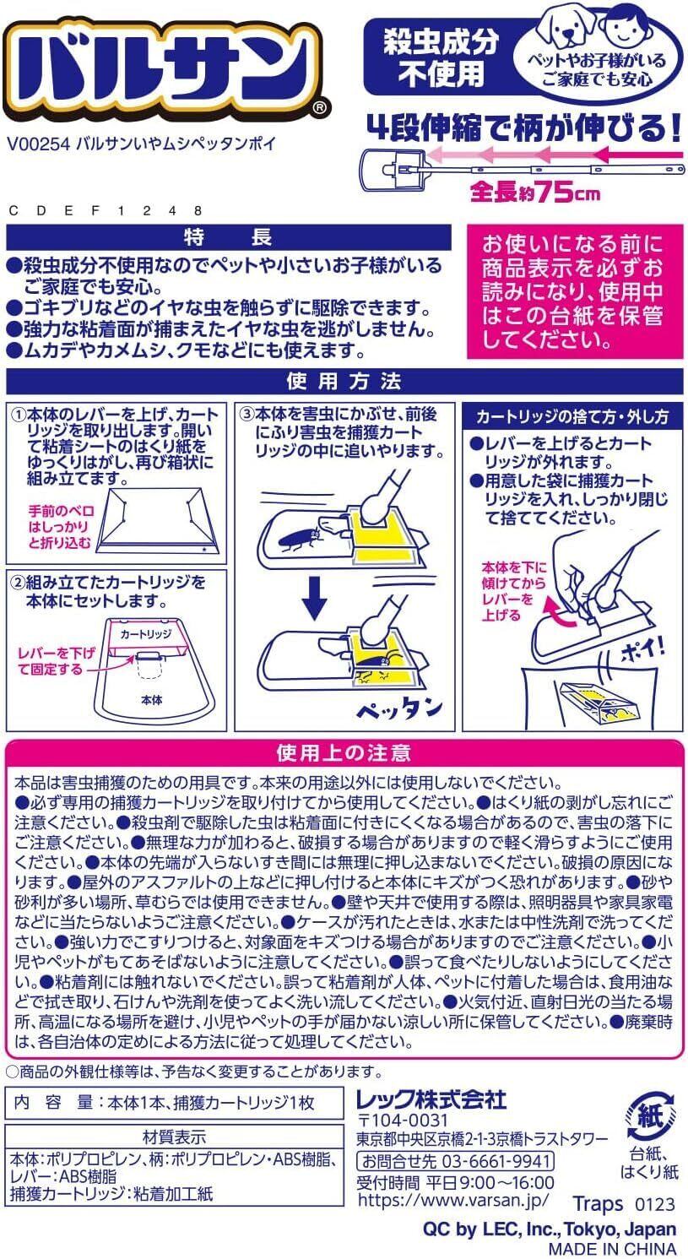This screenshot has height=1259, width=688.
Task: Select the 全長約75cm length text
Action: pos(535,193)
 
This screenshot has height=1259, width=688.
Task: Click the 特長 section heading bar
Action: pos(228,237)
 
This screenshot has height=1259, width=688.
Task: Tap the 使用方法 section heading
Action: pos(344,382)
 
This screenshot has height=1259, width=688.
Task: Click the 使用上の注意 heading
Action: pos(344,753)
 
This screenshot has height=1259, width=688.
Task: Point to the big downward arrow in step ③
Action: pos(314,598)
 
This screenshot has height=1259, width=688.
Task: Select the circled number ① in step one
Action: pos(19,415)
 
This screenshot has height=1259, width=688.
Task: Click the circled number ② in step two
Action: pos(19,583)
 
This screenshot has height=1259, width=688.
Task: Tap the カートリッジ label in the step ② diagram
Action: pos(145,634)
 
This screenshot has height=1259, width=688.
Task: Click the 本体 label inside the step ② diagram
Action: pos(151,700)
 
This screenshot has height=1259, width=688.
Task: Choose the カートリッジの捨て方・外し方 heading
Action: pos(572,416)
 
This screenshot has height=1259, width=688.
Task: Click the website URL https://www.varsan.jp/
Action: pos(452,1200)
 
